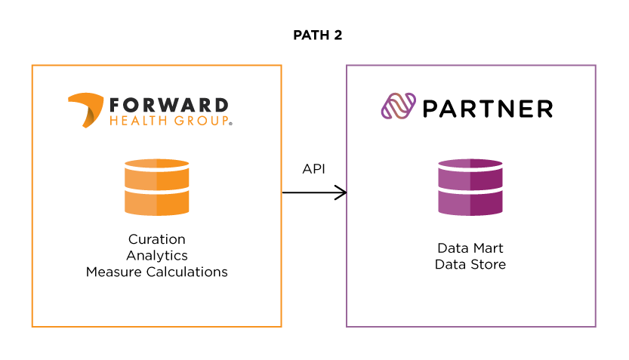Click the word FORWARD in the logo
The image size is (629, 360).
point(168,105)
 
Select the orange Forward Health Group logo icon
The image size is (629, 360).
point(85,109)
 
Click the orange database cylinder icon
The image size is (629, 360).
point(157,187)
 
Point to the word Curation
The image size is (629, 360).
point(157,239)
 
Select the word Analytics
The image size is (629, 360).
point(157,256)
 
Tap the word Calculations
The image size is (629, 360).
point(187,272)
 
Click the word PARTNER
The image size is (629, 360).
point(488,109)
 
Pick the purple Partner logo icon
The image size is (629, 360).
point(399,108)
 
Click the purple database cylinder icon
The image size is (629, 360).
point(470,187)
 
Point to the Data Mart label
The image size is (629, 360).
point(470,248)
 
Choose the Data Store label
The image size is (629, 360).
point(470,264)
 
